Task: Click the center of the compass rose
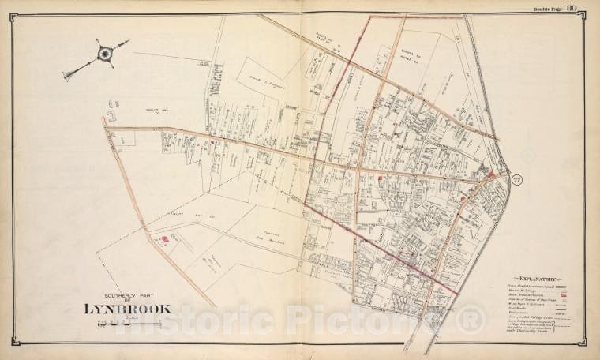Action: coord(105,54)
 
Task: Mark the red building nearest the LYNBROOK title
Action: coord(164,238)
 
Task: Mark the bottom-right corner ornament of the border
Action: coord(585,344)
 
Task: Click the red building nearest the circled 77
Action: coord(492,174)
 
